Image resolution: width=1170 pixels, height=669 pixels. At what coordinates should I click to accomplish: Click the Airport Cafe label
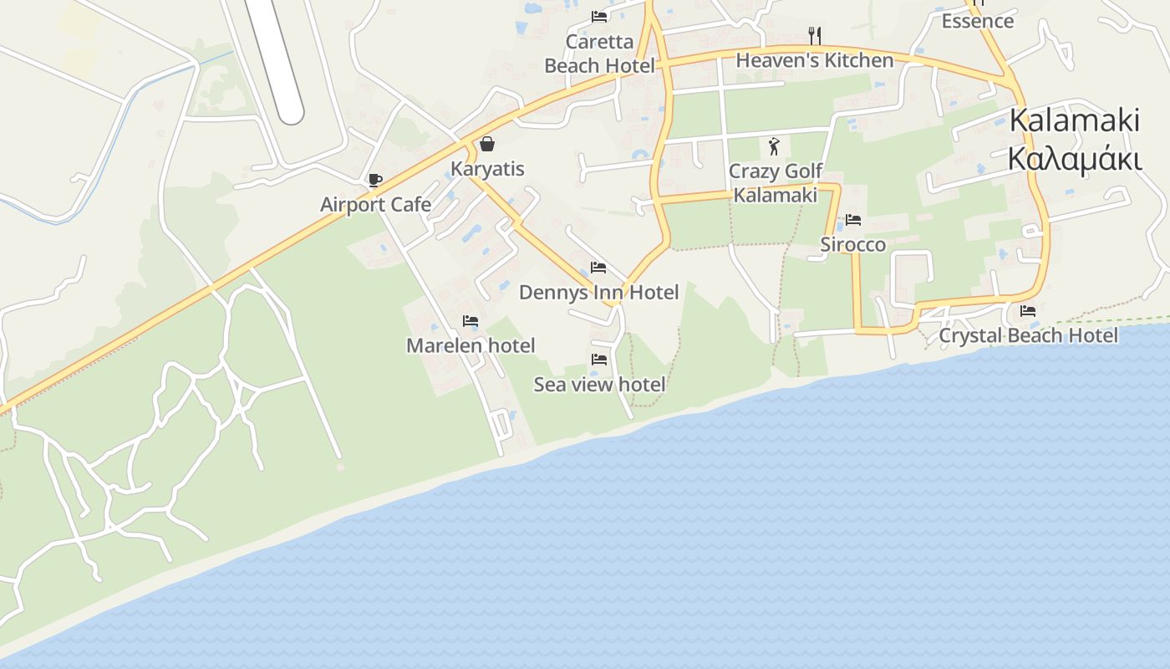(x=376, y=205)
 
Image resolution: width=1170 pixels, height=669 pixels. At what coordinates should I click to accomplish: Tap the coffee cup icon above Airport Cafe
(x=374, y=180)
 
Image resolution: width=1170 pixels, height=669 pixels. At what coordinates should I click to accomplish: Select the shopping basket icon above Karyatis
(x=487, y=144)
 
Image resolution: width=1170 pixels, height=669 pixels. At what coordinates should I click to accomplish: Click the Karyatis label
(x=487, y=169)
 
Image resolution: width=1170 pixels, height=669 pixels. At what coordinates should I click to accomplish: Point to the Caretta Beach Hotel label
(x=599, y=54)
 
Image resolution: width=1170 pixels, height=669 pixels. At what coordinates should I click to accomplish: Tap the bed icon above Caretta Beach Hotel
(x=598, y=17)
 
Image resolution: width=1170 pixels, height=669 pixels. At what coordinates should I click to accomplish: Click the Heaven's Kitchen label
(x=814, y=60)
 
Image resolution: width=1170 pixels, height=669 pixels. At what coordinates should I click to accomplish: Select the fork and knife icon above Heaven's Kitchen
(x=815, y=35)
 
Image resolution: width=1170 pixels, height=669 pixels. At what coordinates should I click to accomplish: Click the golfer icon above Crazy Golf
(x=774, y=146)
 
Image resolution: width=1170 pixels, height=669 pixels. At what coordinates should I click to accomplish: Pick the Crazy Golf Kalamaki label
(x=775, y=183)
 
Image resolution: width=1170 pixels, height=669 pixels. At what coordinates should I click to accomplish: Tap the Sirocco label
(x=852, y=245)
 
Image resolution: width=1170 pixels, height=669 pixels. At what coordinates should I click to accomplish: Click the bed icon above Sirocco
(x=852, y=220)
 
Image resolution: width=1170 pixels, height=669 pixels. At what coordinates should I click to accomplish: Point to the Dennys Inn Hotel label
(x=598, y=293)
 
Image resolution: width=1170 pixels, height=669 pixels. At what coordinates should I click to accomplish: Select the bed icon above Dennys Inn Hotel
(x=598, y=268)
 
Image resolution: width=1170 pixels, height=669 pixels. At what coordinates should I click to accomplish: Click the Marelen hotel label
(x=471, y=345)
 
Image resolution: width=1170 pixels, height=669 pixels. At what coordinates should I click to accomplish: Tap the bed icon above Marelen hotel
(x=471, y=320)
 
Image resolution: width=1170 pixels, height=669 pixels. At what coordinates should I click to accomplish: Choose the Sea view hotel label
(x=599, y=385)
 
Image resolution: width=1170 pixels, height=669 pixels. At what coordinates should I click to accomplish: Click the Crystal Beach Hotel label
(x=1028, y=335)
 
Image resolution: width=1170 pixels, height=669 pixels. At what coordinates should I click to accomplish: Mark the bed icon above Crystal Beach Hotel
(x=1028, y=310)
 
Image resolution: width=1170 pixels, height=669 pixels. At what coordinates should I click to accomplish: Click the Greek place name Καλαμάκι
(x=1074, y=158)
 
